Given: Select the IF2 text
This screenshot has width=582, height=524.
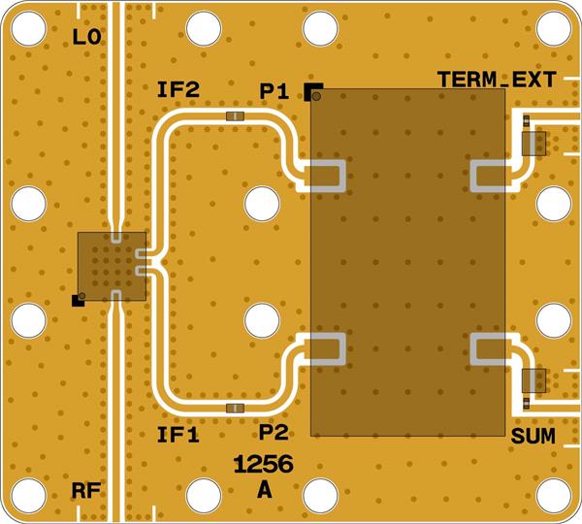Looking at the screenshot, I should (178, 91).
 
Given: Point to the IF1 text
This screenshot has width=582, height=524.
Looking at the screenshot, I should (178, 436).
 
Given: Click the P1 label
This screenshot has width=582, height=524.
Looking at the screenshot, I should (275, 91).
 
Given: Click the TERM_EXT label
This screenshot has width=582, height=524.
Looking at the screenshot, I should (495, 80).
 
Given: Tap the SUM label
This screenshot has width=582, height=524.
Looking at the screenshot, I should (533, 437).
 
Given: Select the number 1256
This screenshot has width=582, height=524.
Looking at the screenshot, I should (264, 465).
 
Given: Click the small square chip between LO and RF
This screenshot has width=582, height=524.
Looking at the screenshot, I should (112, 265).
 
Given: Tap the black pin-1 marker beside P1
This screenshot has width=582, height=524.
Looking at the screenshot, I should (313, 92).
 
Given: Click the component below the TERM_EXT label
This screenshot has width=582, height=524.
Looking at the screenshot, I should (534, 144).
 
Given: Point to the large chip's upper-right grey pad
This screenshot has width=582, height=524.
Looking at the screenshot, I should (489, 176).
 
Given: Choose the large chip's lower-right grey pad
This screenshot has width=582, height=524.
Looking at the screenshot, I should (489, 348).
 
